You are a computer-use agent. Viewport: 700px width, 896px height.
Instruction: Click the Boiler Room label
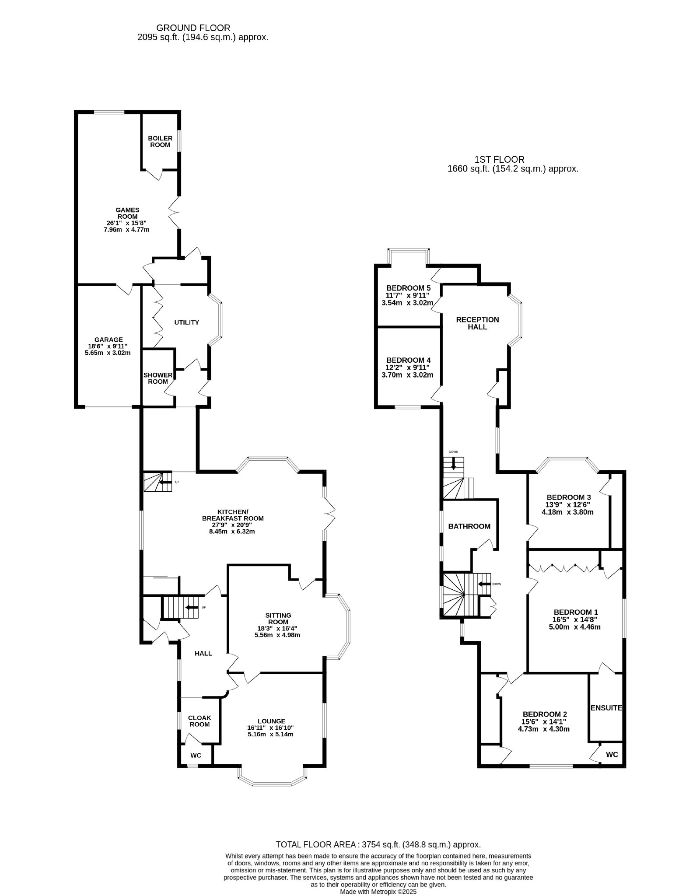click(160, 141)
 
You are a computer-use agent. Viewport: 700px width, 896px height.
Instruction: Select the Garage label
click(108, 339)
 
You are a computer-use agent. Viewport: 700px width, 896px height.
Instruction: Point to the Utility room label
click(186, 322)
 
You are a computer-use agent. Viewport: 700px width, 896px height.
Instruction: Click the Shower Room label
click(158, 378)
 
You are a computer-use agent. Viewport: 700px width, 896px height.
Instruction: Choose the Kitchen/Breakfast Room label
click(233, 515)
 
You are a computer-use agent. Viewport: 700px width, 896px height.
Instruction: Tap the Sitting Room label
click(278, 619)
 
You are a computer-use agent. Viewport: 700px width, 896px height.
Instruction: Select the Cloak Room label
click(199, 721)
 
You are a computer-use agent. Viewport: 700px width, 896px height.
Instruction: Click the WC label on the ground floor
click(196, 756)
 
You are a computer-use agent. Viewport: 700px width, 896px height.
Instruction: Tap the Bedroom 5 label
click(409, 288)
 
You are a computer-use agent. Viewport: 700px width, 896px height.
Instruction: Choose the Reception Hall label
click(477, 323)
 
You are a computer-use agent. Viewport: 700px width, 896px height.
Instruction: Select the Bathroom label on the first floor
click(469, 526)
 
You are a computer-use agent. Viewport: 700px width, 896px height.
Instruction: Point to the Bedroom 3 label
click(569, 497)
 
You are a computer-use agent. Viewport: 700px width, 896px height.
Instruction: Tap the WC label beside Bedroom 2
click(612, 755)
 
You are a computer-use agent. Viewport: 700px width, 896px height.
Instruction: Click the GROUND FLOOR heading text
click(193, 28)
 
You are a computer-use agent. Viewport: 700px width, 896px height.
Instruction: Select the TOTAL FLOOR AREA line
click(378, 845)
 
